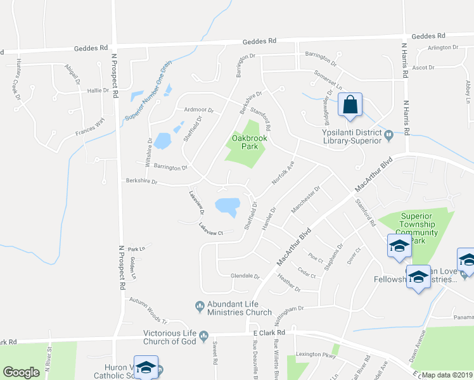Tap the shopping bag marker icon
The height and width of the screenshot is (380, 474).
(350, 105)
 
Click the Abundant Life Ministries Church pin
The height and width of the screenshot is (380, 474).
(201, 306)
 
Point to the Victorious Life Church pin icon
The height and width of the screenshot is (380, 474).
(204, 335)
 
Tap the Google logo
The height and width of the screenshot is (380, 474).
(21, 372)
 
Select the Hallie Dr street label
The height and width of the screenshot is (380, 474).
(98, 91)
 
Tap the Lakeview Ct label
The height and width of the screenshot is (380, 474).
(211, 229)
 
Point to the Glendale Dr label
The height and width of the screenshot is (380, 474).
(246, 276)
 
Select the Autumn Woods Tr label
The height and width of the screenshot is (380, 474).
(148, 310)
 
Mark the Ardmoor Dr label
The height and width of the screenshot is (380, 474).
(198, 110)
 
